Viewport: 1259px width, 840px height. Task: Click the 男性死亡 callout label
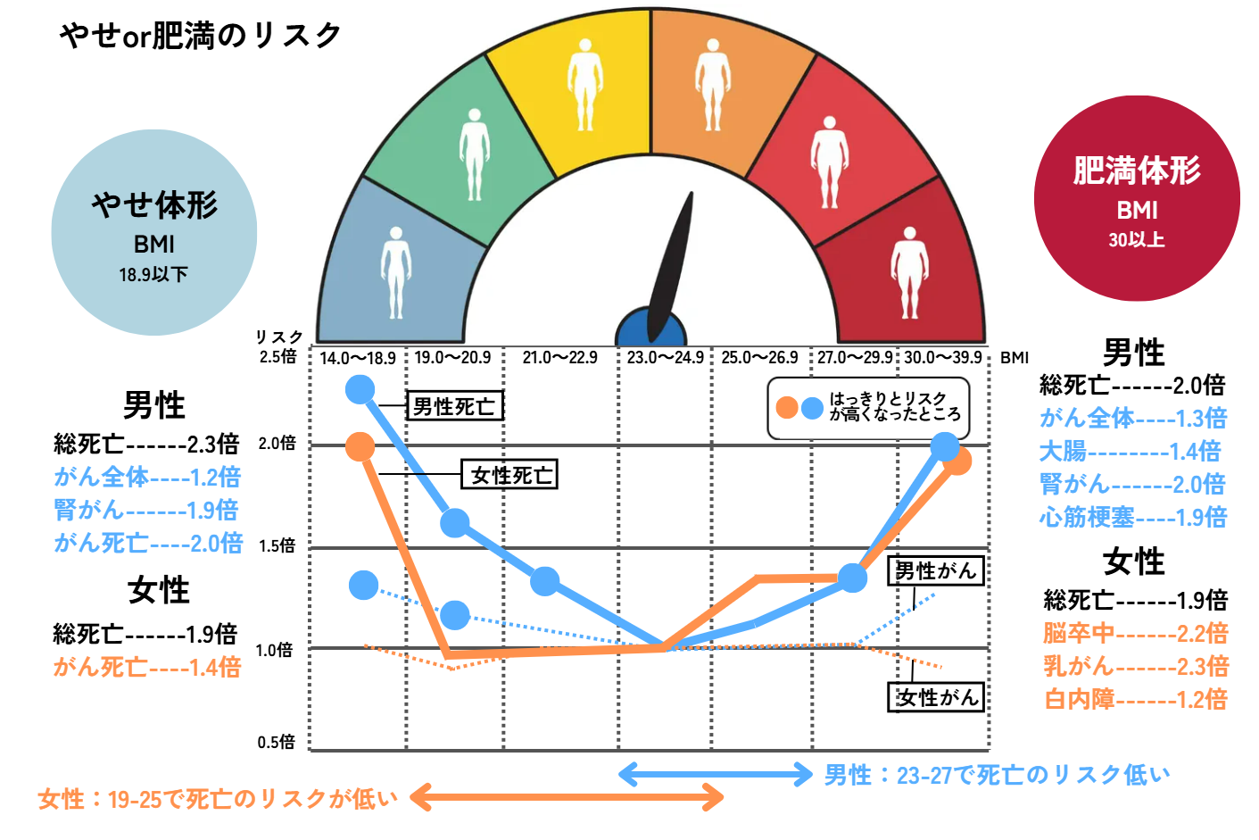click(x=454, y=406)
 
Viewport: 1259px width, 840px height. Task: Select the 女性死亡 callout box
click(x=509, y=475)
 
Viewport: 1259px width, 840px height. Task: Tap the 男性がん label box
click(x=935, y=570)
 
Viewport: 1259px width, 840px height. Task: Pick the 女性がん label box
click(x=936, y=697)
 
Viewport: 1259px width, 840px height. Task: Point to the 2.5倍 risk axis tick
click(x=277, y=356)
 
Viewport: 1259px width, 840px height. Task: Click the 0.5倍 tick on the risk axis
click(x=276, y=742)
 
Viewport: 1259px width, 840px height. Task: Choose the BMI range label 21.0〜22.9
click(x=559, y=358)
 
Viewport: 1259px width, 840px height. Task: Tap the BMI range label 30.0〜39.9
click(x=942, y=358)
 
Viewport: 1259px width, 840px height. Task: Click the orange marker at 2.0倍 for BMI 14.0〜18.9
click(x=360, y=446)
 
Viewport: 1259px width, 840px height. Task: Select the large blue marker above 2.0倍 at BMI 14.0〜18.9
click(x=360, y=389)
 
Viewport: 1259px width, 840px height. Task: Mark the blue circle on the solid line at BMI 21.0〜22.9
click(x=544, y=581)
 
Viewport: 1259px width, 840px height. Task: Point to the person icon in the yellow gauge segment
click(x=584, y=84)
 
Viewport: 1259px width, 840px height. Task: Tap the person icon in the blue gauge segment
click(x=395, y=272)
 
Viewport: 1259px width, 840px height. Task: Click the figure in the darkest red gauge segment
click(x=909, y=272)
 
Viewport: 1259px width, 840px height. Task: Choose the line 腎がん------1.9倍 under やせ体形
click(x=145, y=510)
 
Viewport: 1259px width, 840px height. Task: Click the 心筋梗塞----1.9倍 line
click(x=1132, y=517)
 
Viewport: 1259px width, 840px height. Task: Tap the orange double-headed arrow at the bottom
click(x=567, y=797)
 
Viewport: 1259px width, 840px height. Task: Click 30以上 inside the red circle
click(x=1136, y=239)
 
